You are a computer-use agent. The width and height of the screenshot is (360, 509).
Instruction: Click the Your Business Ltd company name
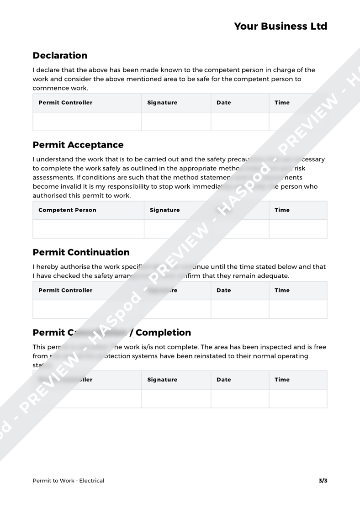coord(281,27)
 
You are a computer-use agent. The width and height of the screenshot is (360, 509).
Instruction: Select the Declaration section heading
coord(60,56)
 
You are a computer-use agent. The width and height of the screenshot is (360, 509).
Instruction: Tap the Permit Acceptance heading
coord(78,145)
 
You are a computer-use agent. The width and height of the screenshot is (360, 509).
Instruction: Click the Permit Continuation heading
coord(81,252)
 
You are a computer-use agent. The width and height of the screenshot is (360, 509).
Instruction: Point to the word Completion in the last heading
coord(163,332)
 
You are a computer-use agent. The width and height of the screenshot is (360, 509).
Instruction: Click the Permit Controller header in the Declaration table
coord(65,103)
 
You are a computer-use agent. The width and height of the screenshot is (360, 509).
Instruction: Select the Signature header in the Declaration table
coord(162,103)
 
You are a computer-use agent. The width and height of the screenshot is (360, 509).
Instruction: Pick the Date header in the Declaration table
coord(223,103)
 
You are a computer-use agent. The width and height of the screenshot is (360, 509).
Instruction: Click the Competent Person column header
coord(67,210)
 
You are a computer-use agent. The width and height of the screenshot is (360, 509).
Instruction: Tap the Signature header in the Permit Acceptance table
coord(164,210)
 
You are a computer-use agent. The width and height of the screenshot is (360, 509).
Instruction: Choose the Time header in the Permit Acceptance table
coord(282,210)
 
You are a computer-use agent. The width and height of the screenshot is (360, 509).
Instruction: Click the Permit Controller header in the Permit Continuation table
coord(65,290)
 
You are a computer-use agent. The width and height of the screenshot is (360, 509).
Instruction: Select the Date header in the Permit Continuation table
coord(223,290)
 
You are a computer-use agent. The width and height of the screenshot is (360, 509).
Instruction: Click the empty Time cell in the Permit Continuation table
coord(298,309)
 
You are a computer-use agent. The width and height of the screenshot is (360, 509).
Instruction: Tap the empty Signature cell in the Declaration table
coord(176,122)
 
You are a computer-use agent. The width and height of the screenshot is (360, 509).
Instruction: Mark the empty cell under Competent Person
coord(89,229)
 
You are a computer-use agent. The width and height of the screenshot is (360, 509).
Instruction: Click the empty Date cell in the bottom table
coord(239,398)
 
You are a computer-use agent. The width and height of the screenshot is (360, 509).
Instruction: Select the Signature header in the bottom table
coord(162,380)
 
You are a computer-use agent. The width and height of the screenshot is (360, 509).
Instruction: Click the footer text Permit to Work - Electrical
coord(69,481)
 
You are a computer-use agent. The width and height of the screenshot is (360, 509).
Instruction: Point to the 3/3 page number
coord(323,481)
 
